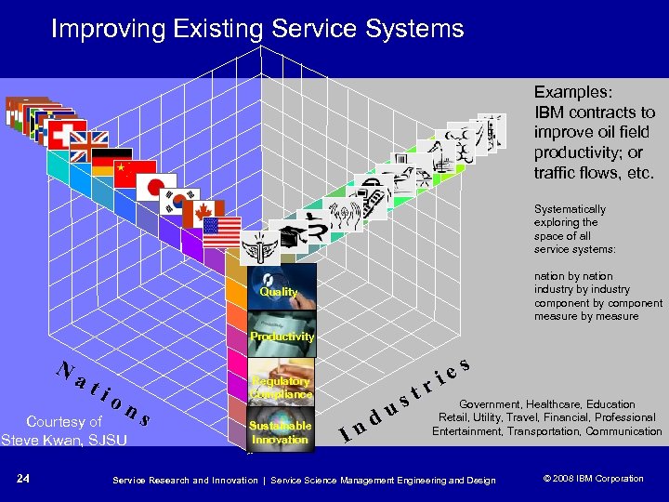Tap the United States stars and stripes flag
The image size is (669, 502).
click(x=222, y=231)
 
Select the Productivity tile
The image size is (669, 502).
click(x=281, y=336)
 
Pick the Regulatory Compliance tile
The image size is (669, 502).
click(x=280, y=383)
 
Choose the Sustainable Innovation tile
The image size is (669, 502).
click(x=280, y=430)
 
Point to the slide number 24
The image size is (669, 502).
click(x=23, y=479)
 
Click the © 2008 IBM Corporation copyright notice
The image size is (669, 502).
click(x=592, y=479)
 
